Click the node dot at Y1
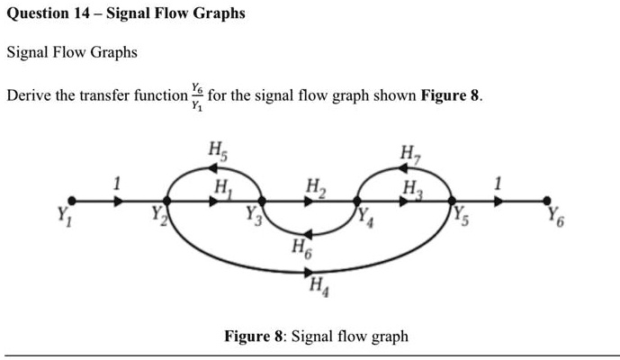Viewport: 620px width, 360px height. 73,202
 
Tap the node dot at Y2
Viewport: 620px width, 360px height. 166,202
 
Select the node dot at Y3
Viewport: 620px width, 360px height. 262,202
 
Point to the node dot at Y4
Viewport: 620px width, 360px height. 358,202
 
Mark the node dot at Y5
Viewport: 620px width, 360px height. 452,202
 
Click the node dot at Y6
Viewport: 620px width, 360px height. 546,202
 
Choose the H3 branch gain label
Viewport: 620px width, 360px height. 411,187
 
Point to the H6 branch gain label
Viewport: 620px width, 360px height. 300,248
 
